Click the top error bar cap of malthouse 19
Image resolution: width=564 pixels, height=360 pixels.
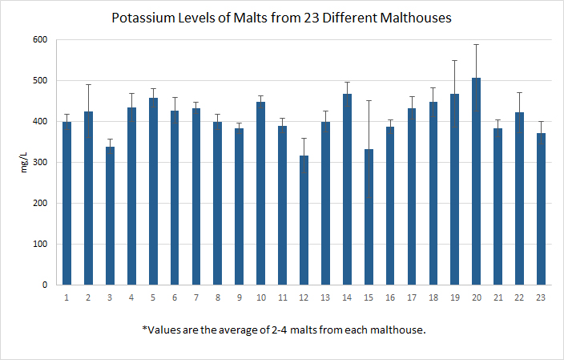click(x=454, y=60)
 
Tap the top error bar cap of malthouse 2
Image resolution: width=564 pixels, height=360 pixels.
click(x=89, y=84)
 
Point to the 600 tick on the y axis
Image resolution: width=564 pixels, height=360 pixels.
click(x=39, y=40)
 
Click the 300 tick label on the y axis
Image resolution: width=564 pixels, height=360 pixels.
click(x=39, y=163)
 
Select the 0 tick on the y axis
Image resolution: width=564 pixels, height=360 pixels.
click(x=44, y=285)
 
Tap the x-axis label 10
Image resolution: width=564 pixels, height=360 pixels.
click(x=260, y=297)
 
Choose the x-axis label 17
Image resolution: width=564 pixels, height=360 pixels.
click(x=412, y=297)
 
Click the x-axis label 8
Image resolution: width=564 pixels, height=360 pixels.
click(x=218, y=297)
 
